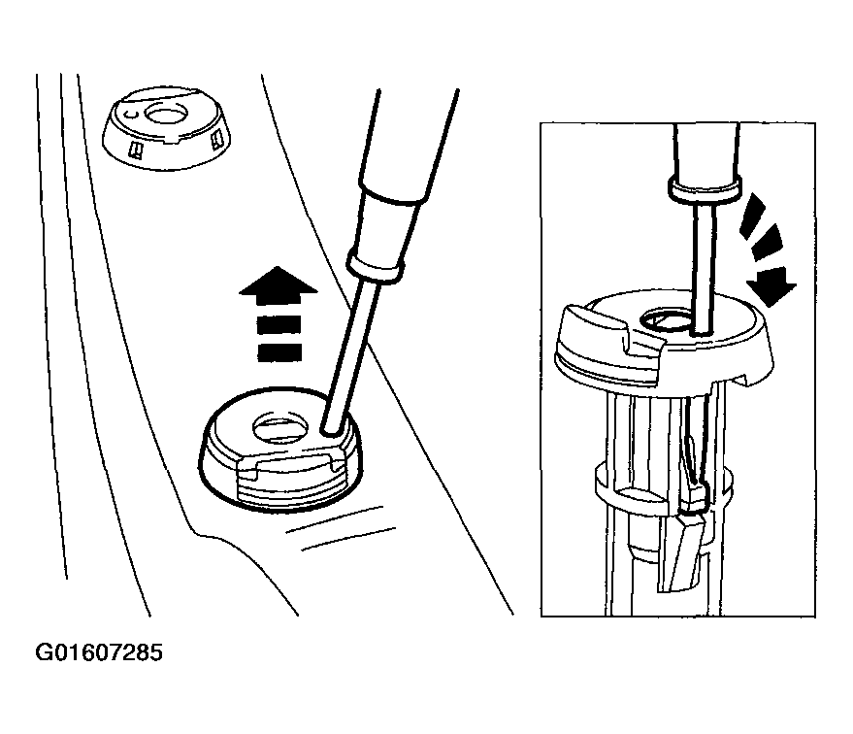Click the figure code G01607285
pos(98,652)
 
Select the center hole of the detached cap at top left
pos(167,115)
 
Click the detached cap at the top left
pos(167,127)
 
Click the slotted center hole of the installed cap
pos(280,426)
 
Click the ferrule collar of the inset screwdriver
pos(705,187)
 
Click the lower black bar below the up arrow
pos(279,352)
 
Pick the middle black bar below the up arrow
pos(279,324)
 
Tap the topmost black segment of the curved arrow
pos(753,214)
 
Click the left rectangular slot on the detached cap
pos(134,150)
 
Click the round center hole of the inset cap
pos(668,320)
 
